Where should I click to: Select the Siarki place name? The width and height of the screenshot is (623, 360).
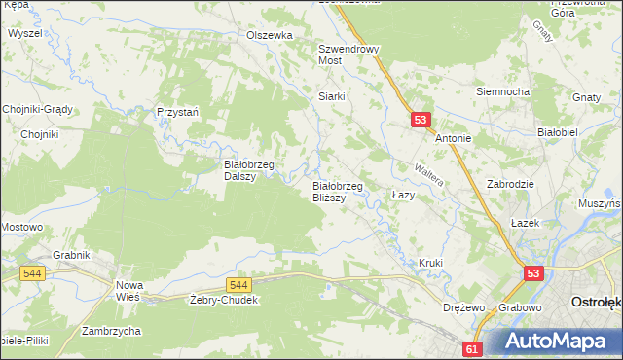pos(333,96)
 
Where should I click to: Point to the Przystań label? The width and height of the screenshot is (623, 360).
pos(178,112)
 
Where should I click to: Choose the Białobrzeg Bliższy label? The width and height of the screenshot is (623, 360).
pos(337,191)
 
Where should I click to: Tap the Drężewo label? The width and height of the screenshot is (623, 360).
pos(463,307)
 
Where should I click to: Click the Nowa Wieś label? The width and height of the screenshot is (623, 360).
pos(129,290)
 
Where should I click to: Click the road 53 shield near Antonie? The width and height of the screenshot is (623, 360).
pos(420,119)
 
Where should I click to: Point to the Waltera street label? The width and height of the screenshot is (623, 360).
pos(429,174)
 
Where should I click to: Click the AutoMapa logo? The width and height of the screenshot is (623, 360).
pos(560,340)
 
